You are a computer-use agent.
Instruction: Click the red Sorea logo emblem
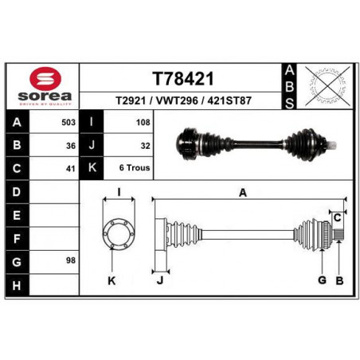45,79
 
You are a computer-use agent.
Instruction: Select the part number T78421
183,79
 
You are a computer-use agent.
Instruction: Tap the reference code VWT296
177,100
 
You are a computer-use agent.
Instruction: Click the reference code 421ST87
229,100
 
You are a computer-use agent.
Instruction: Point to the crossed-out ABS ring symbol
327,86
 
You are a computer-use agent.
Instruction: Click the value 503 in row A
68,123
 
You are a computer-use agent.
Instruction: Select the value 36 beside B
71,146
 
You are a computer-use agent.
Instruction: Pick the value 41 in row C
71,169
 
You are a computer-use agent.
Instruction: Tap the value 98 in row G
71,260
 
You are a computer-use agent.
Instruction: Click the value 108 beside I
143,123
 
